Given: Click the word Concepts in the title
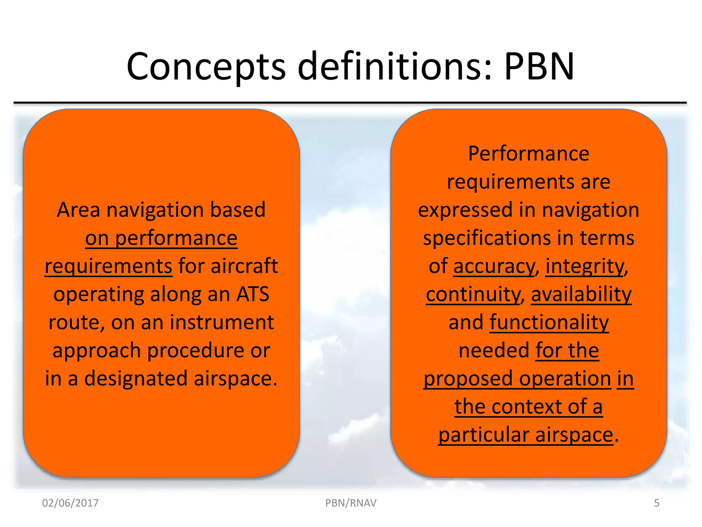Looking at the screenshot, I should (x=206, y=67).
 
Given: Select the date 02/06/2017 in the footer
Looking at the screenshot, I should (x=70, y=503).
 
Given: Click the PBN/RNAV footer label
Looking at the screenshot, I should (x=351, y=503).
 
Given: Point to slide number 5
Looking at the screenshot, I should (x=656, y=503).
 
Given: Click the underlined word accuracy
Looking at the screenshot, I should (x=494, y=266).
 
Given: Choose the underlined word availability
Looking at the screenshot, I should (x=581, y=294).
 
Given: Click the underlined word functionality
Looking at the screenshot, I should (x=549, y=323).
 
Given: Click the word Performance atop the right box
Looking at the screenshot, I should (x=529, y=154).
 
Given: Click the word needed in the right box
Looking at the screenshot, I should (x=494, y=351).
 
